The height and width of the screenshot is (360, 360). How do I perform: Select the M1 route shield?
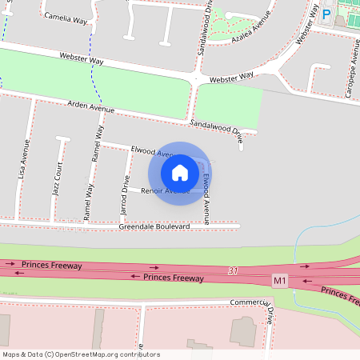(x=279, y=281)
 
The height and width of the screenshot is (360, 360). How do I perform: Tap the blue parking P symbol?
(x=326, y=14)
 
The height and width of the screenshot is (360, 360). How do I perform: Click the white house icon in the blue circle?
(x=179, y=173)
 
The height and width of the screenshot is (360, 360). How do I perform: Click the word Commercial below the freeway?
(x=246, y=302)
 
